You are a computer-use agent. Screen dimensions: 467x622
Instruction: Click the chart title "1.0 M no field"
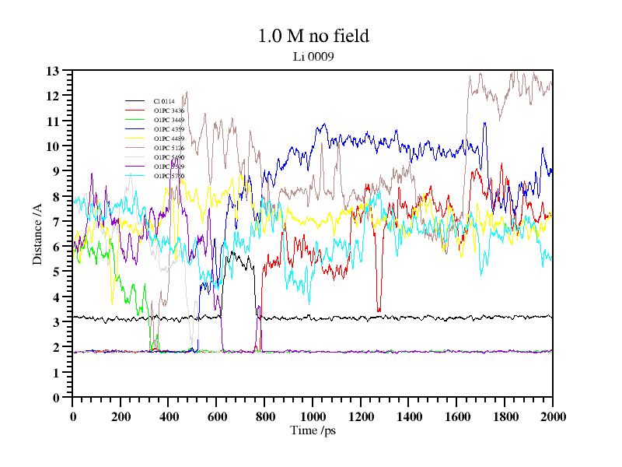pyautogui.click(x=313, y=36)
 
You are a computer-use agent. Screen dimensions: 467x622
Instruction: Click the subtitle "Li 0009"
pyautogui.click(x=313, y=56)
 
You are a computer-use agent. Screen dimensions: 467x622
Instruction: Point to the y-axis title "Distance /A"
pyautogui.click(x=37, y=234)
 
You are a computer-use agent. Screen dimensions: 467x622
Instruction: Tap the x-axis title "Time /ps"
pyautogui.click(x=313, y=430)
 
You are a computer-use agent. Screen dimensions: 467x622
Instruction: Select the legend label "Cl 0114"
pyautogui.click(x=164, y=101)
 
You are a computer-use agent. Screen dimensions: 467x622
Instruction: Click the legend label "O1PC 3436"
pyautogui.click(x=169, y=111)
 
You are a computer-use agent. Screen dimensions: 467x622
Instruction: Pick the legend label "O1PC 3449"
pyautogui.click(x=169, y=120)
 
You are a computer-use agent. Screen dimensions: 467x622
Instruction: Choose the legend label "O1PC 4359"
pyautogui.click(x=169, y=129)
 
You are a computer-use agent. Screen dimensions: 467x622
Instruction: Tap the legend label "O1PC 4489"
pyautogui.click(x=169, y=139)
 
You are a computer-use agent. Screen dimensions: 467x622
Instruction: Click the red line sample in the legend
pyautogui.click(x=135, y=111)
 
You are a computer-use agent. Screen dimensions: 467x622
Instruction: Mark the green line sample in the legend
pyautogui.click(x=135, y=120)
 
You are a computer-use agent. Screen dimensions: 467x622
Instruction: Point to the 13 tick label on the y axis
pyautogui.click(x=53, y=71)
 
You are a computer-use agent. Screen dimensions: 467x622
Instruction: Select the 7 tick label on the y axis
pyautogui.click(x=56, y=222)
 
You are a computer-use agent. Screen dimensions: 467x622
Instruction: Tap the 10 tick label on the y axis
pyautogui.click(x=53, y=146)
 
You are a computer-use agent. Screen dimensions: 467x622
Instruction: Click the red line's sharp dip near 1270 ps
pyautogui.click(x=379, y=310)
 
